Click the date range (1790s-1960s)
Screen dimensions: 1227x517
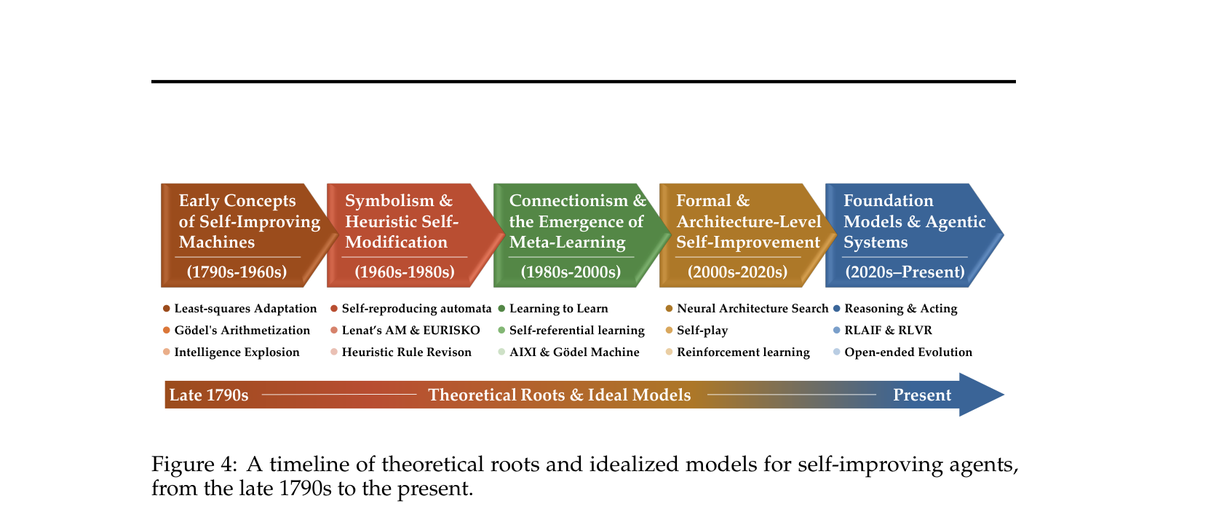click(237, 272)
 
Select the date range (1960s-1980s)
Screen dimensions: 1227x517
click(404, 272)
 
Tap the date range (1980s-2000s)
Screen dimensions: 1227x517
click(571, 272)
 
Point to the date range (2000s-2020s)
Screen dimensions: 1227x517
click(737, 272)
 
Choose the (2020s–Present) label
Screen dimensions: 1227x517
click(905, 272)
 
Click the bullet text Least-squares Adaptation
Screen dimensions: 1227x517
click(245, 309)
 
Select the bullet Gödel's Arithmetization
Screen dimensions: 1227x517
click(242, 331)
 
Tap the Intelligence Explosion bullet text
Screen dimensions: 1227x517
click(237, 352)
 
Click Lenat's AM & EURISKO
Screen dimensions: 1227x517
click(411, 331)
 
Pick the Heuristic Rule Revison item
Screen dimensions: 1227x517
click(406, 352)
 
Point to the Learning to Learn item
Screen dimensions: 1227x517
click(559, 309)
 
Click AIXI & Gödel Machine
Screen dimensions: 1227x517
click(574, 352)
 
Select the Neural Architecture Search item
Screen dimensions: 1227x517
click(753, 309)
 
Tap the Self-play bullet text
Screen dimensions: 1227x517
click(702, 331)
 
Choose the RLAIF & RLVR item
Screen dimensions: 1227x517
click(888, 331)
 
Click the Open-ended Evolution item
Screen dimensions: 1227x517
click(908, 352)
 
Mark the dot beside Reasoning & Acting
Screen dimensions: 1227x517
click(836, 309)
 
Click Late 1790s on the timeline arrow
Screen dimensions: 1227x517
click(209, 395)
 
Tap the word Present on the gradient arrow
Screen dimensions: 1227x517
click(922, 395)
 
